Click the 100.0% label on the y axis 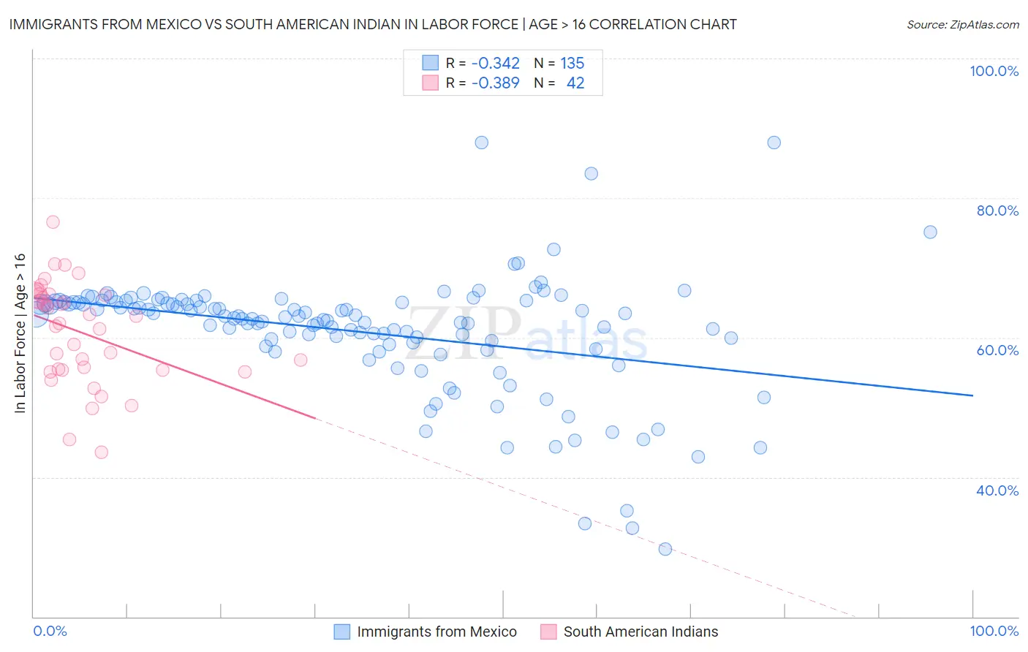tap(994, 71)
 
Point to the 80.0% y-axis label tap(997, 211)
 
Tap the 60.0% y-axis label tap(997, 350)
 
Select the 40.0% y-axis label tap(997, 490)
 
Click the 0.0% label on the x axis tap(50, 631)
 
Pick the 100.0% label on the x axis tap(994, 631)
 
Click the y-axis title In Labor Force tap(20, 333)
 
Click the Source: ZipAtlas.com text tap(962, 25)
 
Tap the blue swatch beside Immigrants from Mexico tap(342, 632)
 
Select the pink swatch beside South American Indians tap(548, 632)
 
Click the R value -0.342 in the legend tap(495, 64)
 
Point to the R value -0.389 tap(495, 83)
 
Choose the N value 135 tap(572, 64)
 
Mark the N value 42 tap(575, 83)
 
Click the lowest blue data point tap(665, 549)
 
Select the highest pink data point tap(53, 222)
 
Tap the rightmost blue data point tap(930, 232)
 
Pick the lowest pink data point tap(102, 452)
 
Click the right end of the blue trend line tap(972, 395)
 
